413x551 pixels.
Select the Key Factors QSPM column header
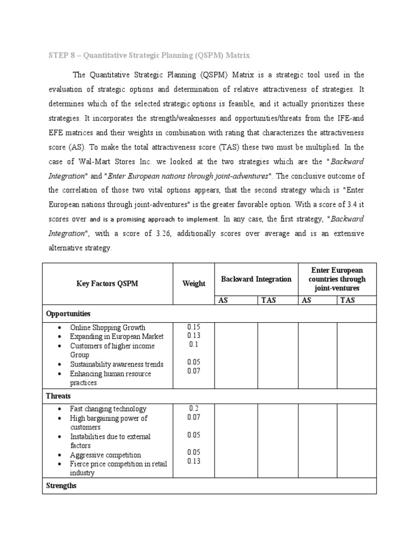point(107,284)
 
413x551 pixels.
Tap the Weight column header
point(194,284)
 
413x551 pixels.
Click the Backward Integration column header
point(256,279)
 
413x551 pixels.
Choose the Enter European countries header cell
point(337,279)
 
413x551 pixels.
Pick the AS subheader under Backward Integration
point(223,300)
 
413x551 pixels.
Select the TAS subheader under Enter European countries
point(347,300)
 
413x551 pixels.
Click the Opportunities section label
point(68,313)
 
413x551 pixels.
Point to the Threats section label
point(58,395)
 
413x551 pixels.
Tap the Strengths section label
point(61,485)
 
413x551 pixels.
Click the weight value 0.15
point(194,327)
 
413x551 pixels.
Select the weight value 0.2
point(194,408)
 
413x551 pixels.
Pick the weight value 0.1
point(194,345)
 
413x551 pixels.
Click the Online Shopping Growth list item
point(108,327)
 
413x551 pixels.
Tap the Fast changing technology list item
point(108,409)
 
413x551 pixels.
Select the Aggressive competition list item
point(105,455)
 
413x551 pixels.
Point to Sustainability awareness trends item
point(117,364)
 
